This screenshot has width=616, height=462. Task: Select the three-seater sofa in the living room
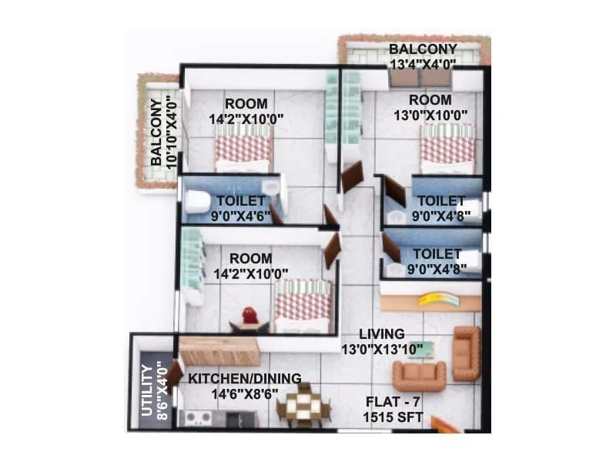pyautogui.click(x=419, y=375)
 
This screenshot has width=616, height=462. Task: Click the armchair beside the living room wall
pyautogui.click(x=466, y=353)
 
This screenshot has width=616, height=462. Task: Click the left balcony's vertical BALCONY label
pyautogui.click(x=156, y=132)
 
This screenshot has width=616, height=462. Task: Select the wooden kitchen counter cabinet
pyautogui.click(x=219, y=352)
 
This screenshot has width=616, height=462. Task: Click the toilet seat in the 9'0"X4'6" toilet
pyautogui.click(x=196, y=202)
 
